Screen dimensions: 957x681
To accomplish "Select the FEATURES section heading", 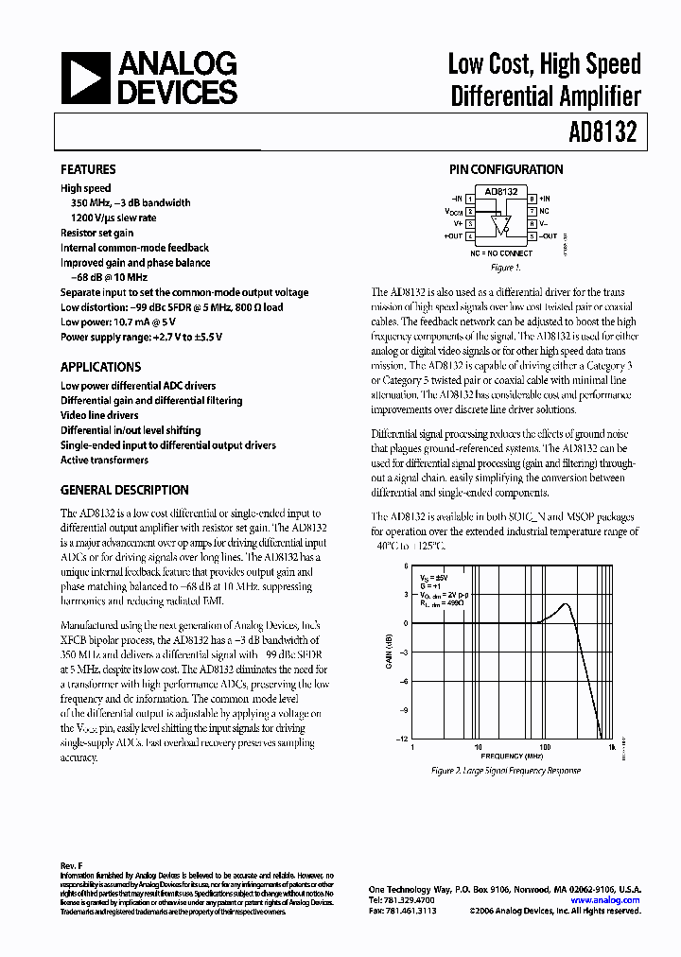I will click(x=88, y=169).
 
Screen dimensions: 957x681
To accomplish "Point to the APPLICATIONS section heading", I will click(x=100, y=367).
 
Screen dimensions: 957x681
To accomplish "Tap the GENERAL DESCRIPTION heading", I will click(x=124, y=490).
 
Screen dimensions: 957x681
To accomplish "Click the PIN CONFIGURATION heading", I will click(x=505, y=169).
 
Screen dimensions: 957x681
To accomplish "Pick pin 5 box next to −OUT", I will click(x=533, y=236).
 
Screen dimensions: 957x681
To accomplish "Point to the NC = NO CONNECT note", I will click(x=501, y=253).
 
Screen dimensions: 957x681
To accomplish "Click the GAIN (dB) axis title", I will click(x=389, y=652).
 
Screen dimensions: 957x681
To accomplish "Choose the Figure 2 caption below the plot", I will click(x=506, y=771).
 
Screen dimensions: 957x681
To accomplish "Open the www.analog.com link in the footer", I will click(x=605, y=900).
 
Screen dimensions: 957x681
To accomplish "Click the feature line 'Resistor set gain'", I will click(x=97, y=233).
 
